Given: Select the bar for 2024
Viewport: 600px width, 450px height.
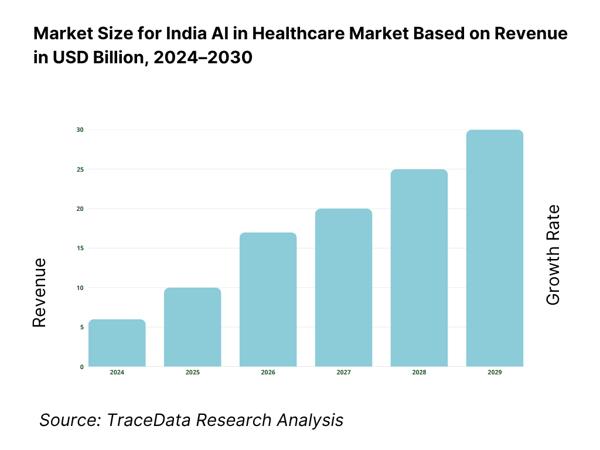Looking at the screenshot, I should coord(117,343).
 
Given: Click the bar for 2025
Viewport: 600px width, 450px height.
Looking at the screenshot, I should coord(193,328).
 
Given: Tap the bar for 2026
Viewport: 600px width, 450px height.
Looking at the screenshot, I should coord(268,300).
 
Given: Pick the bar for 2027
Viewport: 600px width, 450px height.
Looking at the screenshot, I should coord(344,288).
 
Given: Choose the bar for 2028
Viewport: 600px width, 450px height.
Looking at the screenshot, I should coord(420,268).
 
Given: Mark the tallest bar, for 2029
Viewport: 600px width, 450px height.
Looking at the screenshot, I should coord(495,248).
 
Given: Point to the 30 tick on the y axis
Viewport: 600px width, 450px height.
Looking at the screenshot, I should coord(80,129).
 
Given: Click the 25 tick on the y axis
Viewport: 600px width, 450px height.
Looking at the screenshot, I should coord(80,169).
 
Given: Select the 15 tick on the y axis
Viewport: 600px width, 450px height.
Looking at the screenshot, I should coord(80,248).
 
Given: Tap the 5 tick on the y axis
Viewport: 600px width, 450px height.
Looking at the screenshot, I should coord(81,327).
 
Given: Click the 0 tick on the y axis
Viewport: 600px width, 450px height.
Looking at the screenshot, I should coord(81,367).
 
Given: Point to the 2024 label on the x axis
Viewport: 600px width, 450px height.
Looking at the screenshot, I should coord(117,373).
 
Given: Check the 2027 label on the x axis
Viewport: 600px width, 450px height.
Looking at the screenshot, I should coord(344,373).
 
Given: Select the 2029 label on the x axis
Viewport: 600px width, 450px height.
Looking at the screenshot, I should coord(495,373).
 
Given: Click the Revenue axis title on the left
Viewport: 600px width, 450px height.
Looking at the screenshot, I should coord(39,292).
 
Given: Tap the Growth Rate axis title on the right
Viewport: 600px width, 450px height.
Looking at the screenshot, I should coord(553,255).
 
